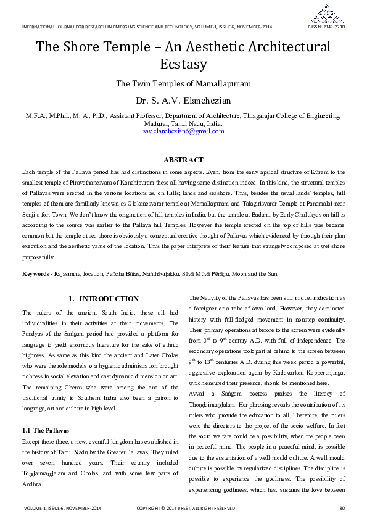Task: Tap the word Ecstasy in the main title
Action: click(x=183, y=64)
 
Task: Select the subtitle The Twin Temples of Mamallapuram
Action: click(x=183, y=83)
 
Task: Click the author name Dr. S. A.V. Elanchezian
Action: click(x=183, y=100)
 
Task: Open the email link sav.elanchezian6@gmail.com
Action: click(x=183, y=131)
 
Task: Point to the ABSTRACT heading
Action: click(x=183, y=160)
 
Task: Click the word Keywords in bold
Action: click(x=36, y=273)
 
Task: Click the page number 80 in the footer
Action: click(x=342, y=509)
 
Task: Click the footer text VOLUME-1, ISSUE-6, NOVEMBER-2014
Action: click(x=62, y=509)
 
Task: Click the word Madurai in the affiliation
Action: click(x=148, y=123)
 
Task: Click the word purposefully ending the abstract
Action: click(x=38, y=257)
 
